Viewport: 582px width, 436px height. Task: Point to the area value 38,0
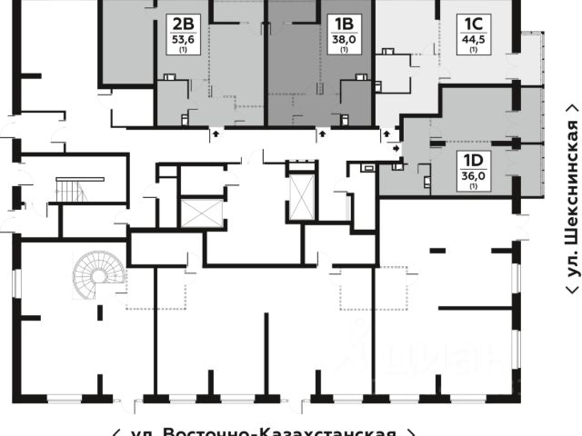(x=345, y=39)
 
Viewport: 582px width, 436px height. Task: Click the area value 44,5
(x=473, y=39)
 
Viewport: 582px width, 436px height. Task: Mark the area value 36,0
(x=473, y=176)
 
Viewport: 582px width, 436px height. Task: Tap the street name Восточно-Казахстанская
(x=264, y=431)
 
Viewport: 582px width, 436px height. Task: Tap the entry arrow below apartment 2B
(x=216, y=134)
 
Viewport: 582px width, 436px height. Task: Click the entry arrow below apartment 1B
(x=323, y=134)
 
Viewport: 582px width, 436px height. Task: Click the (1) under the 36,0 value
(x=473, y=186)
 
